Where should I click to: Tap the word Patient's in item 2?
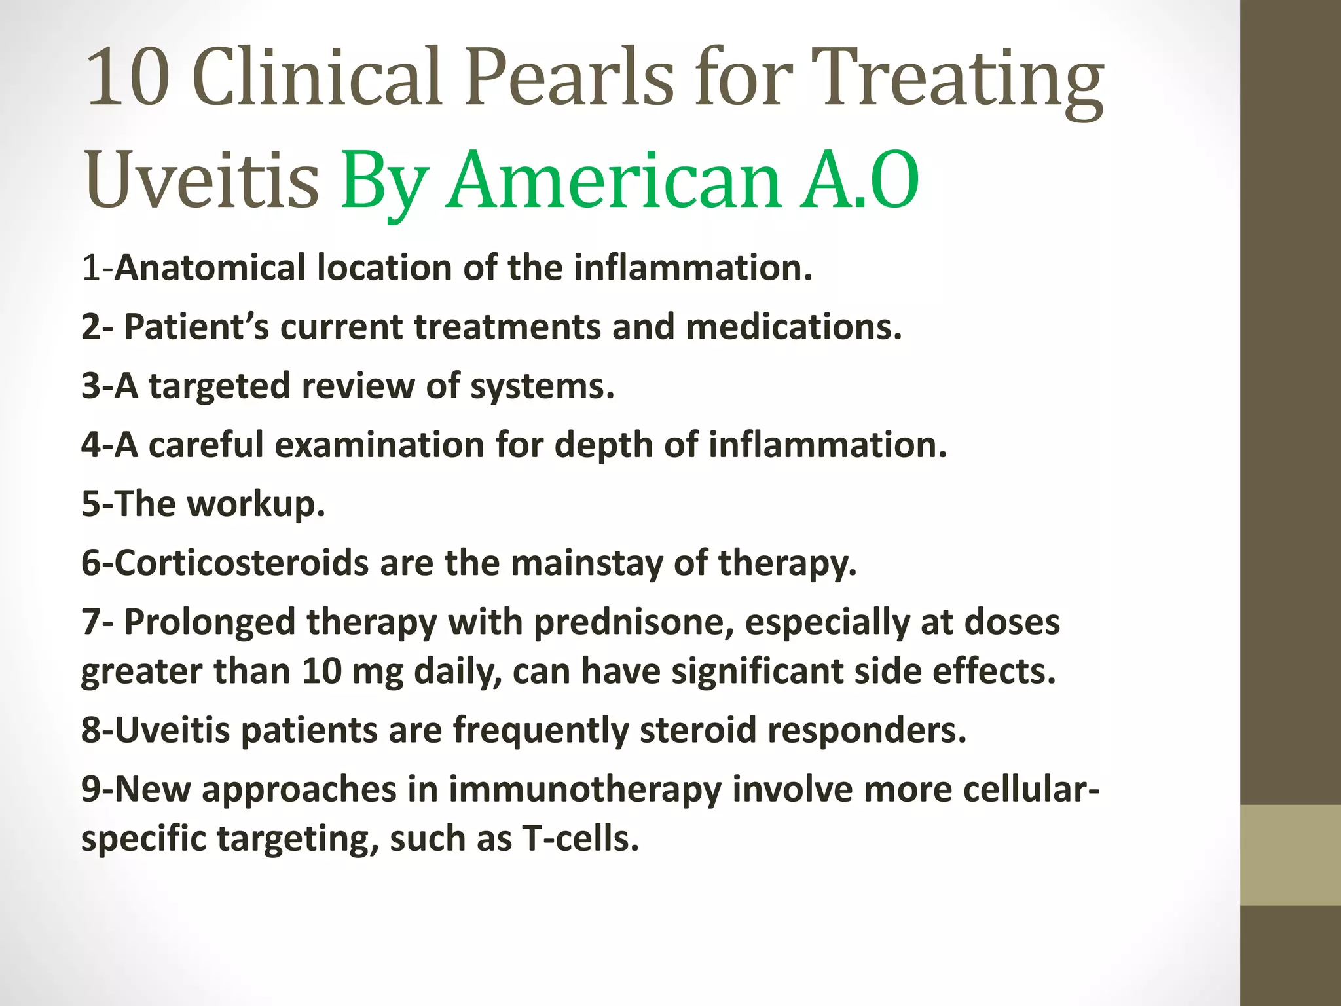tap(196, 327)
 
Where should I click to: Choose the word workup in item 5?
tap(255, 504)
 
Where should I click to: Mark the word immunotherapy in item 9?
tap(585, 789)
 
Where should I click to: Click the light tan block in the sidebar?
tap(1291, 855)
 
